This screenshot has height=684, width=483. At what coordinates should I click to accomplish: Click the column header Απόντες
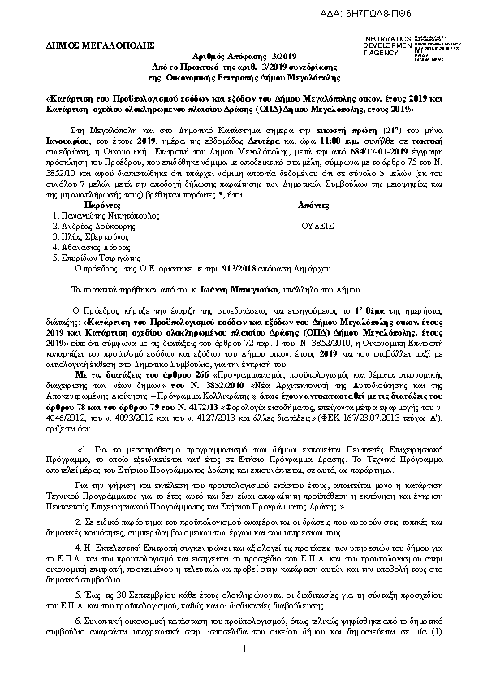[318, 207]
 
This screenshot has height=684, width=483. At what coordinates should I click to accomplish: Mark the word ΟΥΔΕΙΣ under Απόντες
[317, 227]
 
